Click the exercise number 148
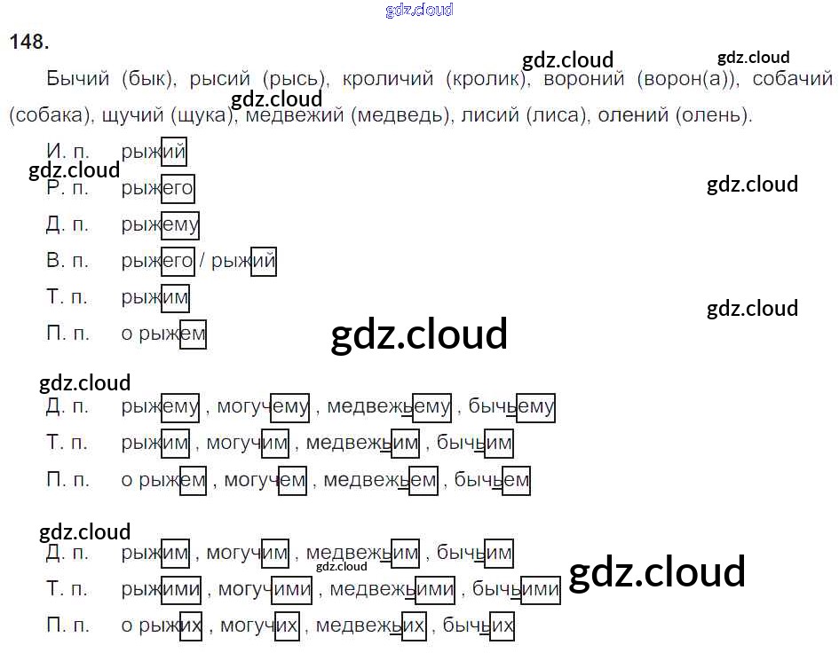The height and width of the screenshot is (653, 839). click(x=28, y=42)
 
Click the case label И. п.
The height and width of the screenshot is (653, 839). click(x=67, y=152)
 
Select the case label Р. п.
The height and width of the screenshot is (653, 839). click(x=67, y=188)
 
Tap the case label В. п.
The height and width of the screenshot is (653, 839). click(x=67, y=261)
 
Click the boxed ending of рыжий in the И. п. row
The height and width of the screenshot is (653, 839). click(x=174, y=152)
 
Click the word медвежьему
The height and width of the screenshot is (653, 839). click(x=389, y=407)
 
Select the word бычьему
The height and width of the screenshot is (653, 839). click(x=511, y=407)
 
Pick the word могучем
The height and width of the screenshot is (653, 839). click(x=265, y=481)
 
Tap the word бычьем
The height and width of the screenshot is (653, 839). click(x=492, y=481)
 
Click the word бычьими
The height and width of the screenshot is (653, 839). click(x=516, y=590)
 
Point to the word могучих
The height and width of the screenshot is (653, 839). click(x=259, y=626)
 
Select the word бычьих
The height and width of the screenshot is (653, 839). click(x=479, y=626)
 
